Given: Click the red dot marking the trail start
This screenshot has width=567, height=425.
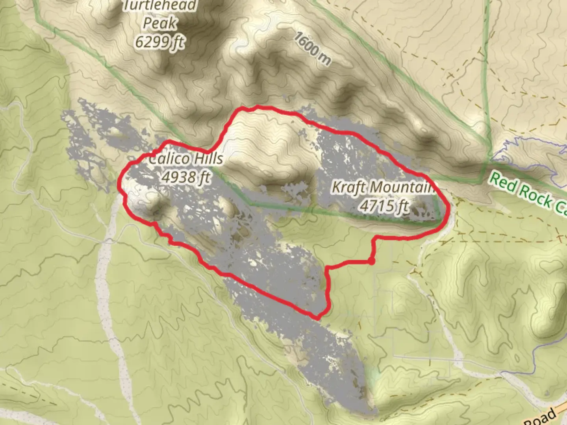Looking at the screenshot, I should [x=371, y=261].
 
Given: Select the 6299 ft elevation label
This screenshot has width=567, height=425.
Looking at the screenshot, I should [x=159, y=41].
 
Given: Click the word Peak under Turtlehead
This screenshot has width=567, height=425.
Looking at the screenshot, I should [x=159, y=23].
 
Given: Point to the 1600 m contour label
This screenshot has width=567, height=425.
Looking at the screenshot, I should [x=313, y=49].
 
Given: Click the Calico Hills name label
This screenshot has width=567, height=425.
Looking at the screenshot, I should [x=186, y=159].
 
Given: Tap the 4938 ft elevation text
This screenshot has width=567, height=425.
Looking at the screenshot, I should [x=186, y=177].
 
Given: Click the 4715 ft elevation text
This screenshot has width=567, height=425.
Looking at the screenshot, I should [x=384, y=205].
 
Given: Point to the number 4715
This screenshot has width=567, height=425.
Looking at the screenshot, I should [x=376, y=205].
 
